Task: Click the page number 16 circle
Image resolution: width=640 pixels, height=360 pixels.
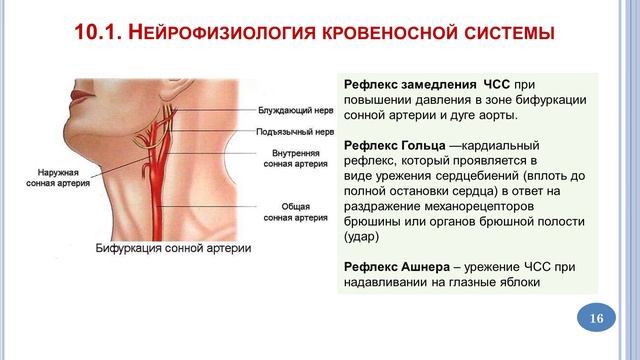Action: tap(596, 318)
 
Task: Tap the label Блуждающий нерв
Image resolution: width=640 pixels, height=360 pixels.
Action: tap(296, 110)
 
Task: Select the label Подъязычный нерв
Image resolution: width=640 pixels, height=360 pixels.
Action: tap(295, 132)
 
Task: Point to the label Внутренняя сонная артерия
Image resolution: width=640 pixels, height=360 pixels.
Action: tap(296, 158)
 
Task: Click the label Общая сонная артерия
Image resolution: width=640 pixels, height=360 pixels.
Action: tap(296, 212)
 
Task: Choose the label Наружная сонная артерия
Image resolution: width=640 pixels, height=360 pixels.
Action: tap(58, 178)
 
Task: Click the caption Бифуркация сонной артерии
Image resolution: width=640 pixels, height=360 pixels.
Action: tap(173, 248)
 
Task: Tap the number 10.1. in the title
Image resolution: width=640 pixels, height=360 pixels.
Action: tap(98, 32)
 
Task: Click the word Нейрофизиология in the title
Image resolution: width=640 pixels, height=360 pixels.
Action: tap(222, 33)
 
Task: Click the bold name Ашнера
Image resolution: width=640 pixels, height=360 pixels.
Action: tap(426, 267)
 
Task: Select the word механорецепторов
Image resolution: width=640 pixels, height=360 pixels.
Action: tap(479, 207)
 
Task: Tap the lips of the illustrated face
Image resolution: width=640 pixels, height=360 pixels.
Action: tap(82, 97)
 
